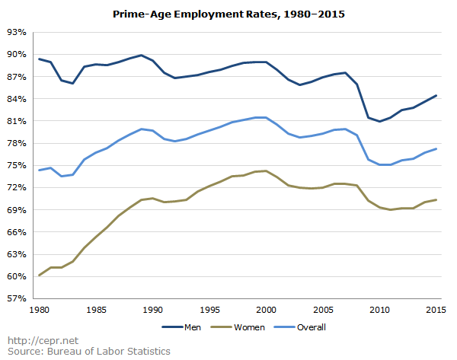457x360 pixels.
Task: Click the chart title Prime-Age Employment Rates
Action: coord(228,14)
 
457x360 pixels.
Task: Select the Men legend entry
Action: coord(182,327)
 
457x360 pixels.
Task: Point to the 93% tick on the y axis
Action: coord(16,32)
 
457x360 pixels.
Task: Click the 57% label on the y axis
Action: coord(16,298)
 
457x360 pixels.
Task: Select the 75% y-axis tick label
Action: coord(16,165)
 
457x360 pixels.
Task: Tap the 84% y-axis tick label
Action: coord(16,99)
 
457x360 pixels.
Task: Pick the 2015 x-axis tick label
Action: coord(436,310)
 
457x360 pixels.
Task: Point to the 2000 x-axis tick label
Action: coord(266,310)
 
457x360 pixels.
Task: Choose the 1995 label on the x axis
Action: coord(209,310)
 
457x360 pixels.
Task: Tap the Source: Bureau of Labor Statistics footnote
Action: coord(88,351)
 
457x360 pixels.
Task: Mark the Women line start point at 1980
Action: coord(39,276)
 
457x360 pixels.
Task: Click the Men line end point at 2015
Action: coord(436,96)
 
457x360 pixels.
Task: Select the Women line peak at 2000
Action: coord(266,171)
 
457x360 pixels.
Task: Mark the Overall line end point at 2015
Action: coord(436,149)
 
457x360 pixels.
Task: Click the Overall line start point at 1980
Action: coord(39,170)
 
